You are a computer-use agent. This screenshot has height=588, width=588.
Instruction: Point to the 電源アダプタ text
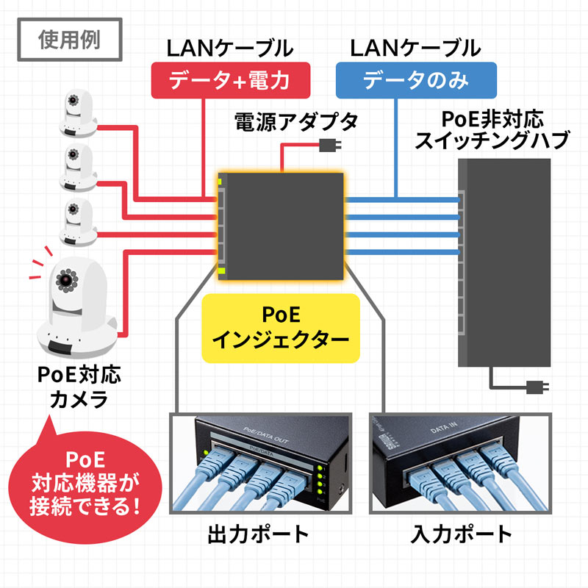[x=296, y=121]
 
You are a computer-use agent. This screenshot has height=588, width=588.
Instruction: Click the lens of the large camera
[x=66, y=279]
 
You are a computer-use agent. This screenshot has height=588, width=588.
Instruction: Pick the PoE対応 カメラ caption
[x=79, y=388]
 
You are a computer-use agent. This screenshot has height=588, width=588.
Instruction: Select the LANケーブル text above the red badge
[x=230, y=49]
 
